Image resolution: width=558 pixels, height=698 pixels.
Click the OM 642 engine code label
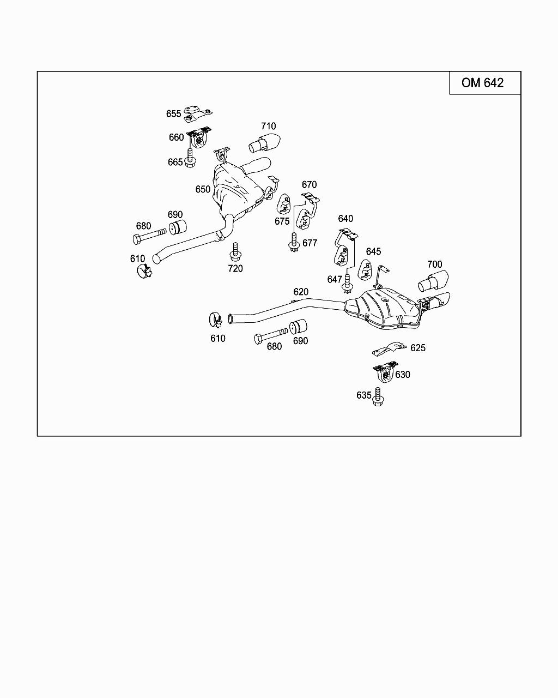(482, 83)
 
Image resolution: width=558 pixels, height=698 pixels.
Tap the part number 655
(173, 114)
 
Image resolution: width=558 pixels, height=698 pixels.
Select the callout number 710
(268, 127)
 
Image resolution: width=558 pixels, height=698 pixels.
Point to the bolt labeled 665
(190, 158)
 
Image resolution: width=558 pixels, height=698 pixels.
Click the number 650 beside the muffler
(203, 189)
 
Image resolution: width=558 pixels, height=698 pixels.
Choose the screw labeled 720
(235, 251)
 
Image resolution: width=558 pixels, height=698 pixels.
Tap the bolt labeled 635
(377, 397)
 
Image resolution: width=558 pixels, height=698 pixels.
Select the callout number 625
(418, 348)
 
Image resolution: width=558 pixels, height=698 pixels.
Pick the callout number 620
(301, 292)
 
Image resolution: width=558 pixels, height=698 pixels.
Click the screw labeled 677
(295, 243)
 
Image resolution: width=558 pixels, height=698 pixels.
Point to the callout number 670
(309, 185)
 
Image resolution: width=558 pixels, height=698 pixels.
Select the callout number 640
(345, 219)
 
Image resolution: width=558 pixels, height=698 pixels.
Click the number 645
(373, 252)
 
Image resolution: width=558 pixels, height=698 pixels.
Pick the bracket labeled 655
(196, 112)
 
